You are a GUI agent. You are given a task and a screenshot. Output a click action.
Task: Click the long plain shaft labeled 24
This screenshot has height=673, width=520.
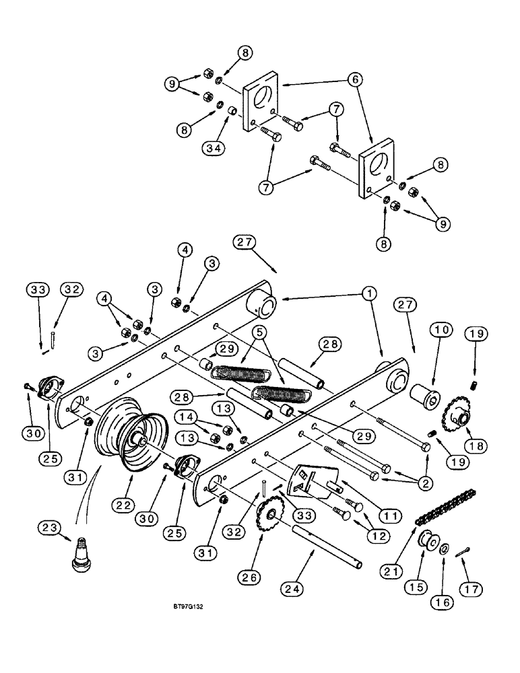point(327,542)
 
